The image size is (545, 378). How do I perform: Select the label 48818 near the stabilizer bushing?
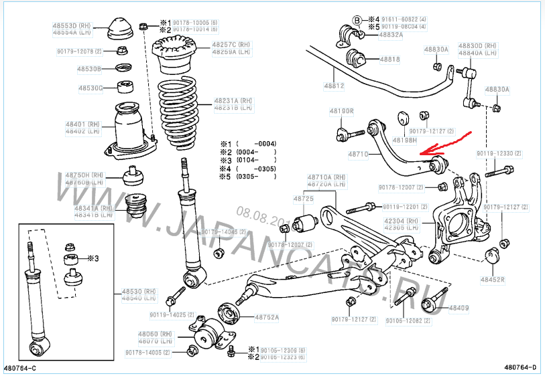(x=390, y=60)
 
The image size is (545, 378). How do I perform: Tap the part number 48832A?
(x=391, y=34)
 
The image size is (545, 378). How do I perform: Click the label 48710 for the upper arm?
(x=358, y=154)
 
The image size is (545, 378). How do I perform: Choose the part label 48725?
(x=304, y=199)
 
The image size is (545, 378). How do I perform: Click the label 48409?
(x=459, y=308)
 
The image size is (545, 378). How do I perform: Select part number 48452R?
(x=492, y=279)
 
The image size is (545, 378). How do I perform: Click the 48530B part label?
(x=89, y=68)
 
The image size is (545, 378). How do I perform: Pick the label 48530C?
(x=90, y=88)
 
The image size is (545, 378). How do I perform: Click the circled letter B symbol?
(x=357, y=19)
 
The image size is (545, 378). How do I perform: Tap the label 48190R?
(x=341, y=111)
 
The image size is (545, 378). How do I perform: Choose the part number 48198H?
(x=404, y=140)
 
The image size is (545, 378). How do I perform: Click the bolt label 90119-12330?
(x=500, y=153)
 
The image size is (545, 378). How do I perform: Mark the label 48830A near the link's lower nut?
(x=497, y=89)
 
